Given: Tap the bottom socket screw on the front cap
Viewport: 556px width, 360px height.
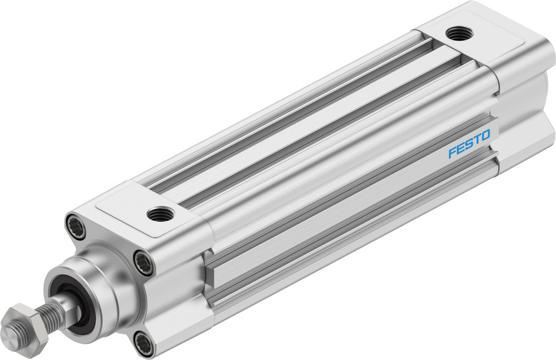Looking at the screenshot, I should (x=144, y=341).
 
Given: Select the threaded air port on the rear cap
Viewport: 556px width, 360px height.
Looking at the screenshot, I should (x=460, y=33).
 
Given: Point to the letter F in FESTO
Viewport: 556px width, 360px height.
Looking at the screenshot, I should (x=452, y=152).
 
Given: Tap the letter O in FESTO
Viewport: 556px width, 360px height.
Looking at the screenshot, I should (x=485, y=135).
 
